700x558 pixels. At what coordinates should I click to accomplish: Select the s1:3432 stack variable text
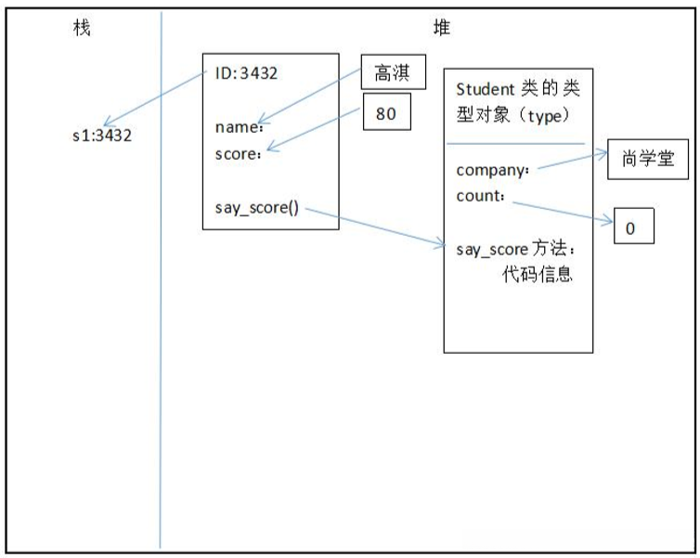tap(102, 136)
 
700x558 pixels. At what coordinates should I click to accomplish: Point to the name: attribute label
tap(239, 127)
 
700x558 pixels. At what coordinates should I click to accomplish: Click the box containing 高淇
tap(393, 71)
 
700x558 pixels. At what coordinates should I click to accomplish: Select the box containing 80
tap(385, 113)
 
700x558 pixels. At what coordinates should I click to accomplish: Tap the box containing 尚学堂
tap(648, 162)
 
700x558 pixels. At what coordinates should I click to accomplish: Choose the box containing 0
tap(633, 227)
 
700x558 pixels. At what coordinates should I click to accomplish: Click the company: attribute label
tap(493, 171)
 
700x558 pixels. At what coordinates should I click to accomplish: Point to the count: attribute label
tap(481, 197)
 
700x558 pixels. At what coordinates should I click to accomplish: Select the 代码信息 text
tap(535, 277)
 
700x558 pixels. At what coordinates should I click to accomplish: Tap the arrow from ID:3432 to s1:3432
tap(153, 98)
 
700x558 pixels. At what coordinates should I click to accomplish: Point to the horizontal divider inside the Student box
tap(515, 144)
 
